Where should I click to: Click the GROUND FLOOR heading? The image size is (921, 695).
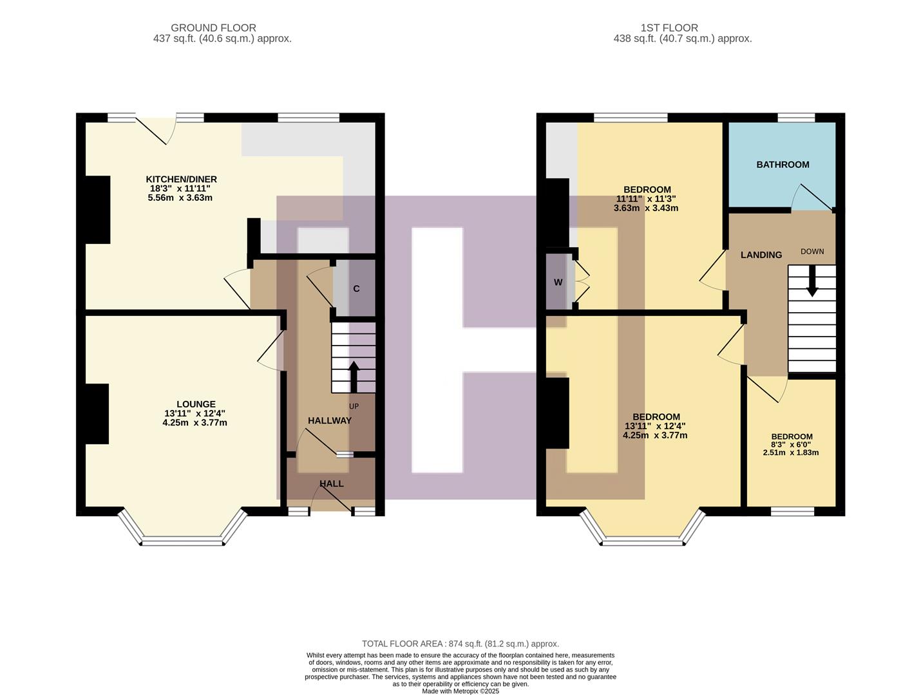tap(213, 28)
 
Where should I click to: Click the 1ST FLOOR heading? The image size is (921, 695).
tap(669, 28)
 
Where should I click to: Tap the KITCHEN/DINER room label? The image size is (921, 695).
tap(181, 179)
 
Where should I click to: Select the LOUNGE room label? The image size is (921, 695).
tap(196, 404)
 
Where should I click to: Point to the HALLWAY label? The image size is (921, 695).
tap(329, 420)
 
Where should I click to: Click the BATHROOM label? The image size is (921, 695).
tap(783, 164)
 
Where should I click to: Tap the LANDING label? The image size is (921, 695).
tap(761, 255)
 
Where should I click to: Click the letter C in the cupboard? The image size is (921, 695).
tap(356, 288)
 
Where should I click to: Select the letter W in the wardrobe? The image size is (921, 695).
tap(558, 282)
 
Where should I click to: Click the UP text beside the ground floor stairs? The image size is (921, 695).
tap(354, 406)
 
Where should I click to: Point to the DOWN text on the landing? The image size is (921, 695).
tap(812, 251)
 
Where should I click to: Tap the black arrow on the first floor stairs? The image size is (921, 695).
tap(812, 281)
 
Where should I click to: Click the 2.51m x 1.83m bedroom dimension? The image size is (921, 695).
tap(790, 452)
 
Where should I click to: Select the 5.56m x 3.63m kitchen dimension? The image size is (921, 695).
tap(180, 198)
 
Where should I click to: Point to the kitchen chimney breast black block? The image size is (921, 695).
tap(98, 209)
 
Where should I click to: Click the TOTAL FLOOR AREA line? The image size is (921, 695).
tap(460, 644)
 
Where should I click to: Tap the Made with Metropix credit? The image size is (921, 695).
tap(460, 691)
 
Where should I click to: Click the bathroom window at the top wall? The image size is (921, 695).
tap(796, 117)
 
